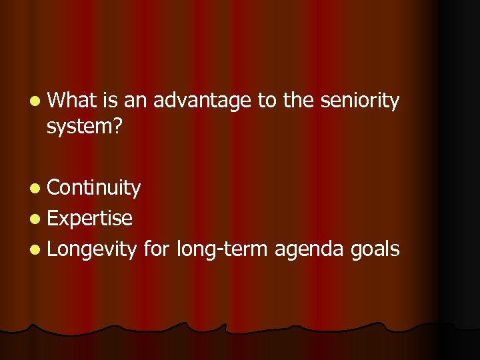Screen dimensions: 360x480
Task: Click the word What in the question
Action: point(73,101)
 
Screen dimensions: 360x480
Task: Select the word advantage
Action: point(202,101)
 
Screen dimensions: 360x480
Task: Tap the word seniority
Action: point(360,101)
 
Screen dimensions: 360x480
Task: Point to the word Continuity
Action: point(94,189)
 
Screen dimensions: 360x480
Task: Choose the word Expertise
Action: point(90,218)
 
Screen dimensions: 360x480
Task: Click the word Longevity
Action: point(92,249)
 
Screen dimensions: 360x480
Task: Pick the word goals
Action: point(375,250)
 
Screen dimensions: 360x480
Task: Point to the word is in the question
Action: point(110,101)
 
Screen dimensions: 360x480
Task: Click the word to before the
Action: point(267,101)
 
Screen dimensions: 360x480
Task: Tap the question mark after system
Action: point(117,125)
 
